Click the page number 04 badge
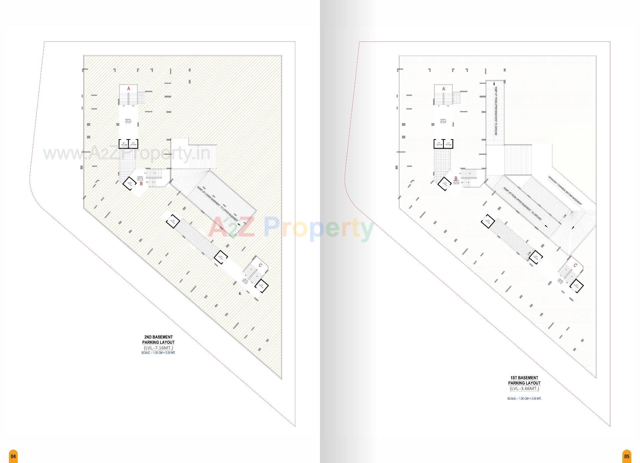pyautogui.click(x=13, y=456)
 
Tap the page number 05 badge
pyautogui.click(x=627, y=456)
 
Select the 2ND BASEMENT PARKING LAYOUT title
pyautogui.click(x=158, y=340)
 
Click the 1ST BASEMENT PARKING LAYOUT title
pyautogui.click(x=524, y=381)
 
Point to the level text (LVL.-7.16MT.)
pyautogui.click(x=158, y=348)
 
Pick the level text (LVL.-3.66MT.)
pyautogui.click(x=524, y=389)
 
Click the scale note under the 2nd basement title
pyautogui.click(x=158, y=353)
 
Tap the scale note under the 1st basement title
pyautogui.click(x=524, y=399)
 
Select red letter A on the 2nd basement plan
pyautogui.click(x=129, y=89)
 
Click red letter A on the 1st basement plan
pyautogui.click(x=444, y=89)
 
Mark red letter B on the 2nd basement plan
pyautogui.click(x=141, y=184)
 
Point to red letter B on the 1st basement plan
pyautogui.click(x=456, y=179)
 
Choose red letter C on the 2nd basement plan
pyautogui.click(x=260, y=266)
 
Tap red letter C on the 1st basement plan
pyautogui.click(x=575, y=266)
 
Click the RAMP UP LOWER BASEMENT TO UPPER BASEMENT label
pyautogui.click(x=218, y=204)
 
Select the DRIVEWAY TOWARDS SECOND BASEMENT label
pyautogui.click(x=565, y=190)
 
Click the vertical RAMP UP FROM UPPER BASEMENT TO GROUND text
pyautogui.click(x=496, y=111)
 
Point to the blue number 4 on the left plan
pyautogui.click(x=240, y=294)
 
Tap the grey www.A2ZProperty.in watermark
pyautogui.click(x=127, y=154)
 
